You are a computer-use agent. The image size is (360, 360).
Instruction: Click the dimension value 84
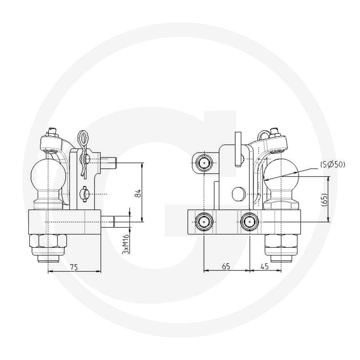click(x=138, y=193)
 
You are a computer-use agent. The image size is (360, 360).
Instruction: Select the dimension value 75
click(x=74, y=267)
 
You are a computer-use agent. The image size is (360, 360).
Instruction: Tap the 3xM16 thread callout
click(x=126, y=244)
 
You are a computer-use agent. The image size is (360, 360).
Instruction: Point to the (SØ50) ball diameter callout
click(x=333, y=164)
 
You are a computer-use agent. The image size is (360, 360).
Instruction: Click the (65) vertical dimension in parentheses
click(x=324, y=199)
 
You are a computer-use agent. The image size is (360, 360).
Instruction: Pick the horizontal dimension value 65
click(x=226, y=266)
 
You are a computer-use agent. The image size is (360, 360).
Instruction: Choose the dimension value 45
click(x=265, y=266)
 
